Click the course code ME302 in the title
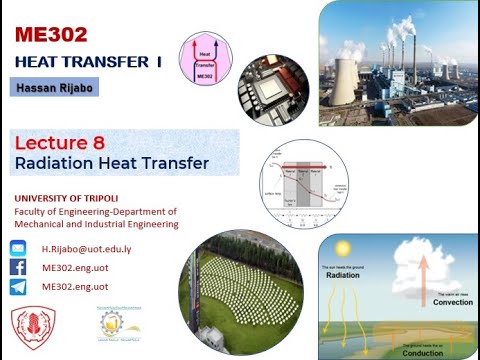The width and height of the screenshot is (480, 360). coord(51,35)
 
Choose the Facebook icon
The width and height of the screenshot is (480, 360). coord(18,268)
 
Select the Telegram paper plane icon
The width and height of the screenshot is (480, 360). coord(18,287)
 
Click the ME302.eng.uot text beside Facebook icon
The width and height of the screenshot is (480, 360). coord(81,268)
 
